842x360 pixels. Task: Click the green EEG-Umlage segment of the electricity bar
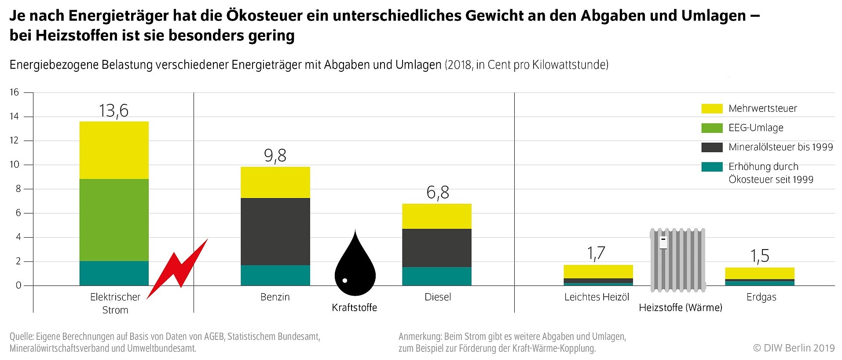tap(114, 220)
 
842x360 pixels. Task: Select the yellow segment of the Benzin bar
tap(275, 182)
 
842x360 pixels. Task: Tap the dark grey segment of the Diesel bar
tap(437, 248)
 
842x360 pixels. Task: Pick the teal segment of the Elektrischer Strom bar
tap(114, 273)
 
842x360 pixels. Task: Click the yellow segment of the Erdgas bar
tap(760, 273)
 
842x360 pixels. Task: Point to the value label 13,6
tap(114, 110)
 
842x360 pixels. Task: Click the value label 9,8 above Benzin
tap(275, 155)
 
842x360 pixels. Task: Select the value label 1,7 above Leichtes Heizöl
tap(597, 253)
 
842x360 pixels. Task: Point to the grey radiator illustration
tap(678, 260)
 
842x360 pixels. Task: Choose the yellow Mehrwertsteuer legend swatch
tap(712, 109)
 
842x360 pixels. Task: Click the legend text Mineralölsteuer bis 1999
tap(781, 147)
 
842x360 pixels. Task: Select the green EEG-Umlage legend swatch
tap(712, 128)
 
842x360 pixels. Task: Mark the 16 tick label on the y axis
tap(15, 92)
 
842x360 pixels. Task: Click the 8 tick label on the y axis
tap(18, 189)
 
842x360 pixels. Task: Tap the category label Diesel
tap(438, 297)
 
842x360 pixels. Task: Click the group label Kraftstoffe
tap(355, 308)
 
